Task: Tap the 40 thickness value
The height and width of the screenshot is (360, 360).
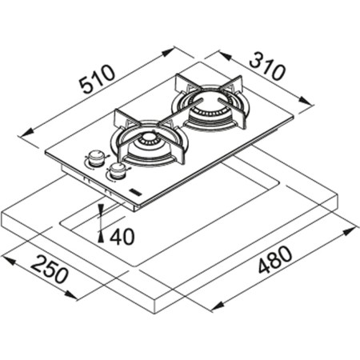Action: (x=122, y=238)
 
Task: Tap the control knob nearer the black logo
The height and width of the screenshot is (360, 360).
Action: (x=118, y=170)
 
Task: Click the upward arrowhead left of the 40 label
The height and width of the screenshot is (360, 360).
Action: (x=101, y=232)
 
